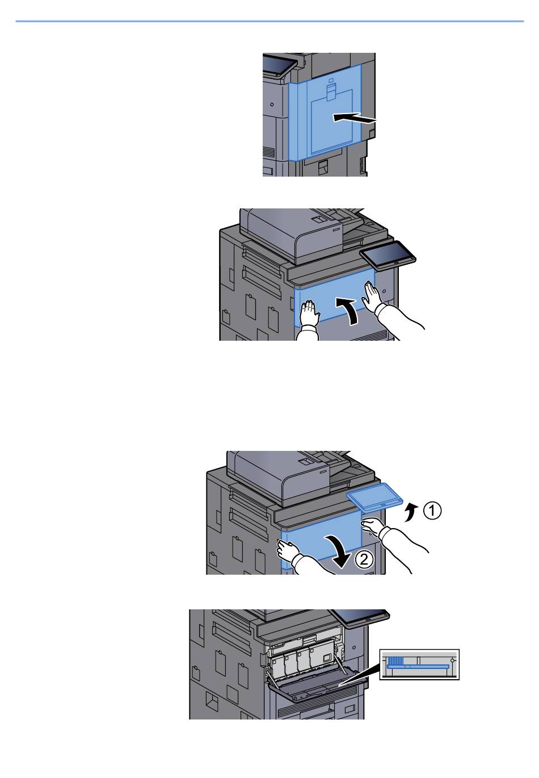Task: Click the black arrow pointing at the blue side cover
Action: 354,118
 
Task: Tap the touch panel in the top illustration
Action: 279,66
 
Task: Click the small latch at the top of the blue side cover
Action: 331,91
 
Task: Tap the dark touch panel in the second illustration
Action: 388,256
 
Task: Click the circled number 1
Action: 432,511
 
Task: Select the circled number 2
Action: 364,559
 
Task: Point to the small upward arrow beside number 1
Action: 412,513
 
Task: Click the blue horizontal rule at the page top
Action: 269,22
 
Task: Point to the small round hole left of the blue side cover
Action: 272,104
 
